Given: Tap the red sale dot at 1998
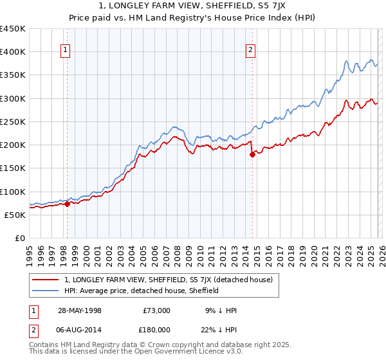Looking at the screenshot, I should (x=67, y=204).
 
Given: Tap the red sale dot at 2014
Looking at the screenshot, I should (x=252, y=154).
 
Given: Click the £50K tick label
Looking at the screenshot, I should (x=15, y=215).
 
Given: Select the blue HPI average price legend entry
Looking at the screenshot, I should (x=142, y=291).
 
